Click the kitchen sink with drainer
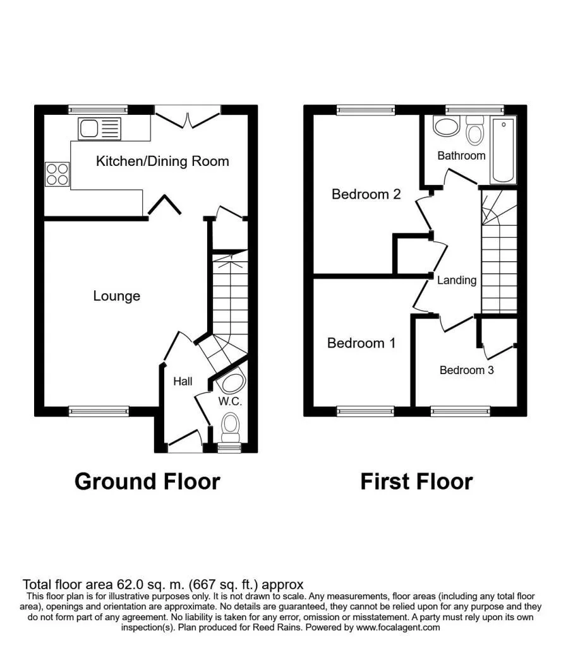(99, 129)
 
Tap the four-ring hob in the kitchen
(57, 174)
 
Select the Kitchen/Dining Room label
(162, 161)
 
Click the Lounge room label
(117, 296)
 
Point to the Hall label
(183, 382)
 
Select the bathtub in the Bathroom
(503, 150)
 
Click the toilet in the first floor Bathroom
(475, 130)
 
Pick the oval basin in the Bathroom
(446, 126)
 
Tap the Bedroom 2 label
(366, 194)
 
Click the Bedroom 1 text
(361, 343)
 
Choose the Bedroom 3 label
(466, 370)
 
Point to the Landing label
(457, 280)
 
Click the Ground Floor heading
(147, 481)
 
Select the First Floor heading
(416, 481)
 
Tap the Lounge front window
(99, 411)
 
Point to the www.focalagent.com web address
(398, 628)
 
